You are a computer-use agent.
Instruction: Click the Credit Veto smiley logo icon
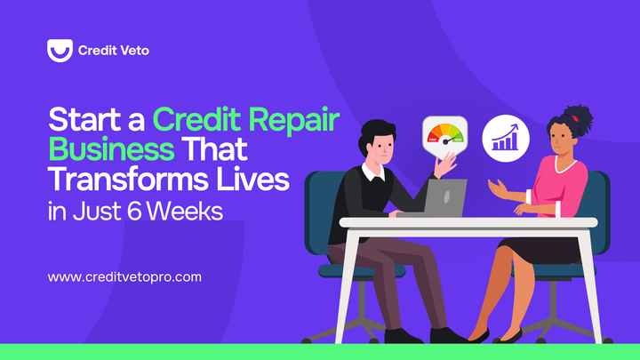point(60,51)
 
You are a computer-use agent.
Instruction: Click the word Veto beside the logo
point(132,51)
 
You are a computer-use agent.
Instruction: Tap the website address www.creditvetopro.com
point(124,276)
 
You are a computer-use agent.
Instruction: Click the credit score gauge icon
point(444,136)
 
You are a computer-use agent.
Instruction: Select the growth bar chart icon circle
point(505,138)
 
